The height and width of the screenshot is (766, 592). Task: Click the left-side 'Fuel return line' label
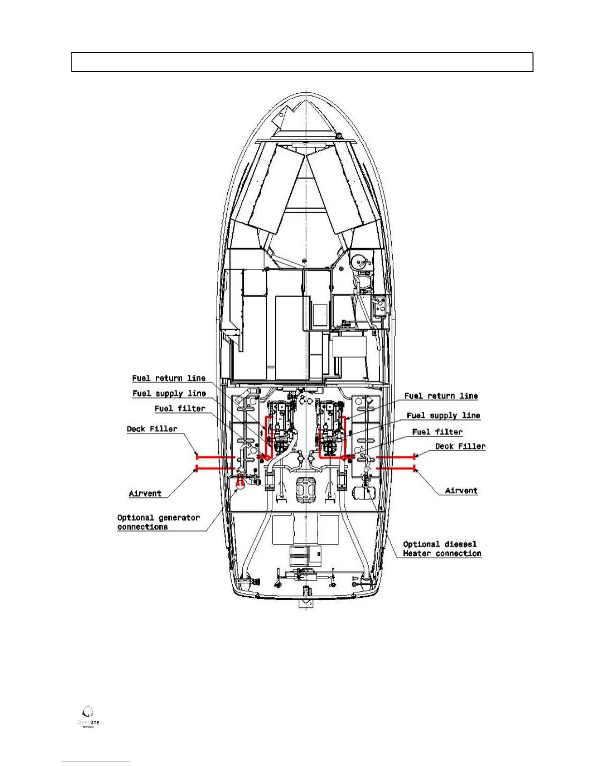tap(169, 378)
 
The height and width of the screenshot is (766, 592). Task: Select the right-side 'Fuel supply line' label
tap(443, 415)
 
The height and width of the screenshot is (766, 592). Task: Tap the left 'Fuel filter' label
tap(180, 409)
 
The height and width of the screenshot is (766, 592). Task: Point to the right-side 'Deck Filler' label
tap(460, 446)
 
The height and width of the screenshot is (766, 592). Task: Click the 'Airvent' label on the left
tap(145, 493)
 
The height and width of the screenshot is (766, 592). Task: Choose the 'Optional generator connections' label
tap(158, 522)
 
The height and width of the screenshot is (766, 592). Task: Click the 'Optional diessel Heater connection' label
tap(442, 549)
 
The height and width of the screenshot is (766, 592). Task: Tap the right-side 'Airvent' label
tap(461, 490)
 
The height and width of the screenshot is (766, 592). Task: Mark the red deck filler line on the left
tap(216, 456)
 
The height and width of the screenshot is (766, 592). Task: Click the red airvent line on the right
tap(396, 468)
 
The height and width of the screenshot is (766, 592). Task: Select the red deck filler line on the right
tap(396, 456)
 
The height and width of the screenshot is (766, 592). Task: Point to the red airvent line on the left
tap(216, 468)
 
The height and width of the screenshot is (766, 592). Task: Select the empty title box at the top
tap(302, 62)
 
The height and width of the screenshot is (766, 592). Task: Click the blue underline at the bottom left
tap(96, 762)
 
